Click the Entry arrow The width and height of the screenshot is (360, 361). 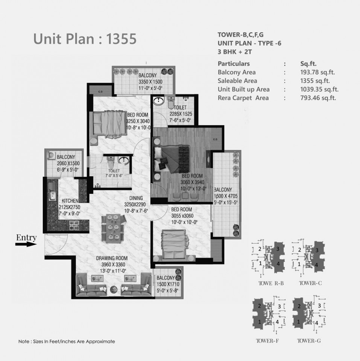26,244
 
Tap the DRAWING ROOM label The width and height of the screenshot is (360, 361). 112,258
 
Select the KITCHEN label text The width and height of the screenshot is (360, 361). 70,201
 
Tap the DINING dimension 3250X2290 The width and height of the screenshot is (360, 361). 135,205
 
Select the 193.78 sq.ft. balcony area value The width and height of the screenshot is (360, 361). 317,72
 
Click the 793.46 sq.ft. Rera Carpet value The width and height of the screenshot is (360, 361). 318,98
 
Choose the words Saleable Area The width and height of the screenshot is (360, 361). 237,81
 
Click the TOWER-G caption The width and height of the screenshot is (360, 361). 309,341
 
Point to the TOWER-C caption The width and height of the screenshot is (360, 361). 310,283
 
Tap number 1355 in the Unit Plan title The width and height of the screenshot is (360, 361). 121,39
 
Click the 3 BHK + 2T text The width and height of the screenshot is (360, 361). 235,52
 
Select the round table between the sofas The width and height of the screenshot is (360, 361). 114,289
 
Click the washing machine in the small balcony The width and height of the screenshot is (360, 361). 51,155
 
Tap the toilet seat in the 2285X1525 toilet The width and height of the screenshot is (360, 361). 171,103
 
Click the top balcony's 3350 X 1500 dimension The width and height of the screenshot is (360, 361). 150,82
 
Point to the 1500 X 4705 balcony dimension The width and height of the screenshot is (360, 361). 226,196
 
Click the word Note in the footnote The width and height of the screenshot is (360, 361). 24,341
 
